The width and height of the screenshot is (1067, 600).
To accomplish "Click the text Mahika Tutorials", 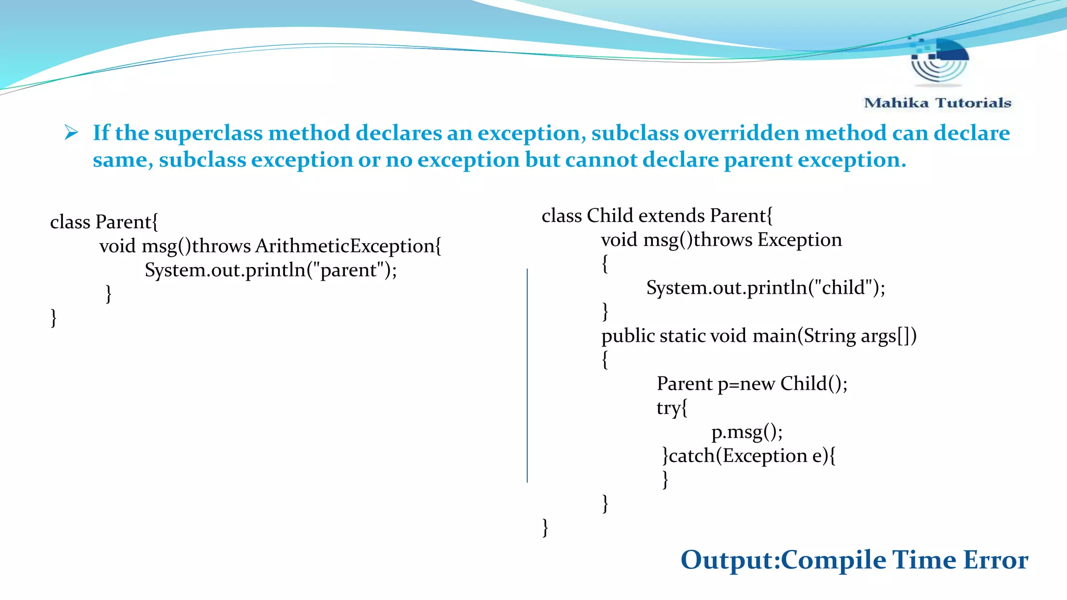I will (937, 103).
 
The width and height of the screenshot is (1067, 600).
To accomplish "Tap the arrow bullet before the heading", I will (71, 132).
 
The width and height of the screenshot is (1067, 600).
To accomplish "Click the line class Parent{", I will (104, 222).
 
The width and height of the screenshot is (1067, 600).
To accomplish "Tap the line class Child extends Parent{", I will (657, 216).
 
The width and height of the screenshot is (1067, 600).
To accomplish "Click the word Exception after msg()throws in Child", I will (799, 240).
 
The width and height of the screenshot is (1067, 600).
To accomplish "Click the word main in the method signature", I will (774, 335).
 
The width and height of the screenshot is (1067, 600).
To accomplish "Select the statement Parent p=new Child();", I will (752, 384).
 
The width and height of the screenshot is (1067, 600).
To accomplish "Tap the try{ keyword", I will (672, 408).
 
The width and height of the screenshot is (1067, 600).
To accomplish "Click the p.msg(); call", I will (747, 432).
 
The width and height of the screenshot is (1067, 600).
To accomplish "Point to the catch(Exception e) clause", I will (749, 456).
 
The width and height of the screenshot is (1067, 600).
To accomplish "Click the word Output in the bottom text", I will (728, 560).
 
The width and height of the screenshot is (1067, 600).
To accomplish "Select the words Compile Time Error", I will (904, 560).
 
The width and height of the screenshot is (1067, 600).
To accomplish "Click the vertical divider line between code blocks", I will (527, 375).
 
